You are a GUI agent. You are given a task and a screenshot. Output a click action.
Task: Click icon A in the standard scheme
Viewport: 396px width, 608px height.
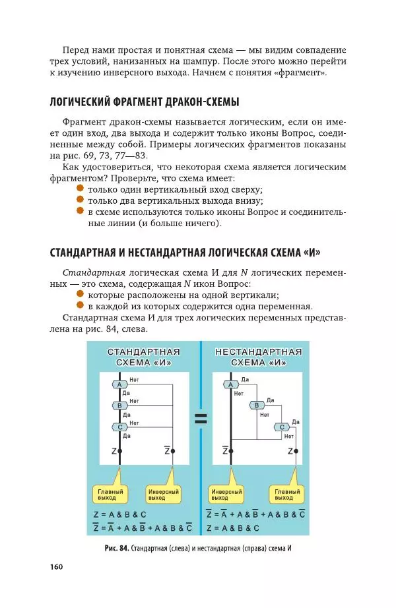coord(120,384)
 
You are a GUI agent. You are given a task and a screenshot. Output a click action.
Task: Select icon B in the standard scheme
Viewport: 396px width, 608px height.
coord(120,405)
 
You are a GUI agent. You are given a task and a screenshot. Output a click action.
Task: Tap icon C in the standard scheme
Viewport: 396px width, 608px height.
coord(120,427)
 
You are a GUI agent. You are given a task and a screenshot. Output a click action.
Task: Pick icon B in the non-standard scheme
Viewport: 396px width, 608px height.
coord(258,405)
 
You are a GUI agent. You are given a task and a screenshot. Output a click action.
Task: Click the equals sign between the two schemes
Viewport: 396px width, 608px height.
coord(201,417)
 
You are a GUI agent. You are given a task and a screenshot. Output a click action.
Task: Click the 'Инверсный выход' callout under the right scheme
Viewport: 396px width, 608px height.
coord(226,495)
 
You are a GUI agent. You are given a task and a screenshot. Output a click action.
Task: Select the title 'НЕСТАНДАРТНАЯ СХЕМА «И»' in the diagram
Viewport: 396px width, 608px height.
coord(259,356)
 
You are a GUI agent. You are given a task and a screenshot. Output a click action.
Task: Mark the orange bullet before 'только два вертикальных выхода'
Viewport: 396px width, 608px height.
coord(80,200)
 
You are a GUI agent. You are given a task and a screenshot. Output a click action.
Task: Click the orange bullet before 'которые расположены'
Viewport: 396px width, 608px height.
coord(80,294)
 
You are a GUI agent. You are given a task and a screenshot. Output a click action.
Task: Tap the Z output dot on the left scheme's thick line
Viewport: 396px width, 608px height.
coord(120,451)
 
